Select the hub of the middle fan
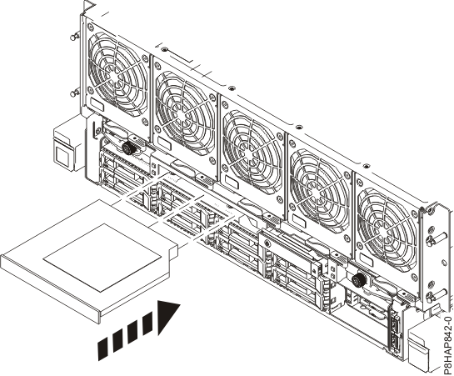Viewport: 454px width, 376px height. pos(252,139)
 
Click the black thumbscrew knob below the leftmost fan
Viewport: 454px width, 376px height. pos(128,148)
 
